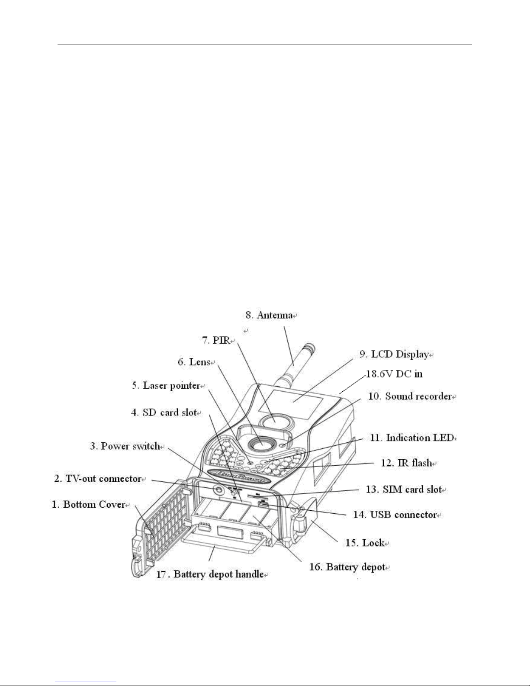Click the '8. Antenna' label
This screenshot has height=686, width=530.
point(269,316)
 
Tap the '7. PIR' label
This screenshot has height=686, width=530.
point(216,340)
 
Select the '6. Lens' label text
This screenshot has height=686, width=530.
point(194,362)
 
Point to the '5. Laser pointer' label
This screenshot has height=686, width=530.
point(166,386)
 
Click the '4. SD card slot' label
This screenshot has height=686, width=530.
point(164,412)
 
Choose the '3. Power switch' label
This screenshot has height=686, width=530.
point(125,446)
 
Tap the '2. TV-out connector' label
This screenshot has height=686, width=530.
point(98,479)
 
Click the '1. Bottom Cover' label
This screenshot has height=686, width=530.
point(89,504)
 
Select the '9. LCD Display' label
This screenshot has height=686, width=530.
point(394,354)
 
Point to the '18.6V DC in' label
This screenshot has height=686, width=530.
point(394,374)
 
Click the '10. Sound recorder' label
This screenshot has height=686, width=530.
point(410,396)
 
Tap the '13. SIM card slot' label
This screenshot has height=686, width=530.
point(404,490)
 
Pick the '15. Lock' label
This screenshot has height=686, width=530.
point(365,543)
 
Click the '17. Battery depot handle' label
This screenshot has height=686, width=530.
point(210,574)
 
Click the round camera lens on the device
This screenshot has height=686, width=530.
point(261,444)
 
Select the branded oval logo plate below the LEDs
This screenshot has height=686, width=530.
point(239,474)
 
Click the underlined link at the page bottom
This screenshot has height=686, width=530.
point(86,682)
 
